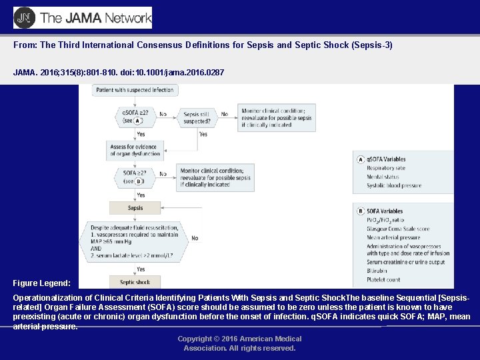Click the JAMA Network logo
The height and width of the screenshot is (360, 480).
click(x=83, y=18)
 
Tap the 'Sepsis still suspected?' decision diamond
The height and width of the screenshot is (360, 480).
click(x=197, y=118)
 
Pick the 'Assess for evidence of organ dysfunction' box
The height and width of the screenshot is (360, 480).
click(x=135, y=150)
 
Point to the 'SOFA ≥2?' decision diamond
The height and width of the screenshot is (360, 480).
click(x=135, y=176)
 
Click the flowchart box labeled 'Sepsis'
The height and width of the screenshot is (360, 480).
click(x=135, y=208)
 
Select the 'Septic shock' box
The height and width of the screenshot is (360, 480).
click(x=135, y=282)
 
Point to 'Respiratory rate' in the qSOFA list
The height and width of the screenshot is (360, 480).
click(x=385, y=168)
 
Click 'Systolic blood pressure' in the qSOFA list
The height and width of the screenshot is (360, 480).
click(x=394, y=186)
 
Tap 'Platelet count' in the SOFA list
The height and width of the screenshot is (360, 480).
click(x=384, y=280)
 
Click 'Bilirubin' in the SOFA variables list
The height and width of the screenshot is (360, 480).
click(x=377, y=271)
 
